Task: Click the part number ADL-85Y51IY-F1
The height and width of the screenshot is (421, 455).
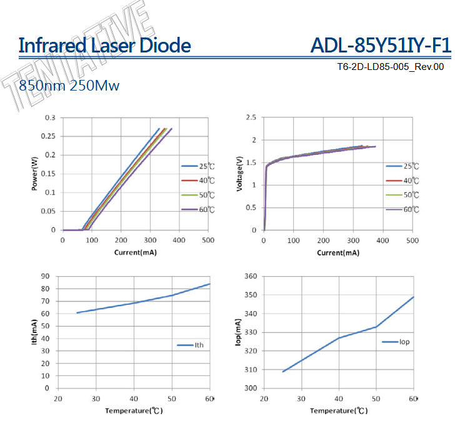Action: pos(380,46)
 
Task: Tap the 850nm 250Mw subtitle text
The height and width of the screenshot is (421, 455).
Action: pos(69,85)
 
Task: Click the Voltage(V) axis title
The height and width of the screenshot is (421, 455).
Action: pos(240,174)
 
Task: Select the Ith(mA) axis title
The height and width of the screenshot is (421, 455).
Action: pos(35,332)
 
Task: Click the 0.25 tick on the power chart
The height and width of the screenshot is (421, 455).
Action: pos(49,136)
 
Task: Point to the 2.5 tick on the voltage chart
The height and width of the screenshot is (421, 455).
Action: pos(251,117)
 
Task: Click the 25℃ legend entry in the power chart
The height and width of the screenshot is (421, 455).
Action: pos(199,167)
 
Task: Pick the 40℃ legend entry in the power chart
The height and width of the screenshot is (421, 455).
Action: pos(199,181)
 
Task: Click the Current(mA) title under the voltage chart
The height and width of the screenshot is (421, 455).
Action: pos(337,252)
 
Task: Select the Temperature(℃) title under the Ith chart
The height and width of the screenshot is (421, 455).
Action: pos(134,410)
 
